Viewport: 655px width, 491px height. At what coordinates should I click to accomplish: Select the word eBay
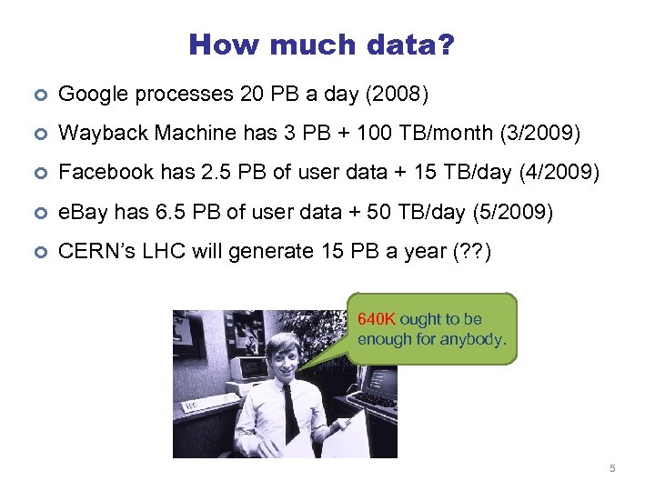click(81, 212)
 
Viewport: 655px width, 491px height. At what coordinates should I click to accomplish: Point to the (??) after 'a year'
click(471, 251)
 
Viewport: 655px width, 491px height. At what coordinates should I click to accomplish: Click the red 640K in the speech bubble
click(377, 320)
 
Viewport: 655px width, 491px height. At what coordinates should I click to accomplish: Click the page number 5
click(612, 468)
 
